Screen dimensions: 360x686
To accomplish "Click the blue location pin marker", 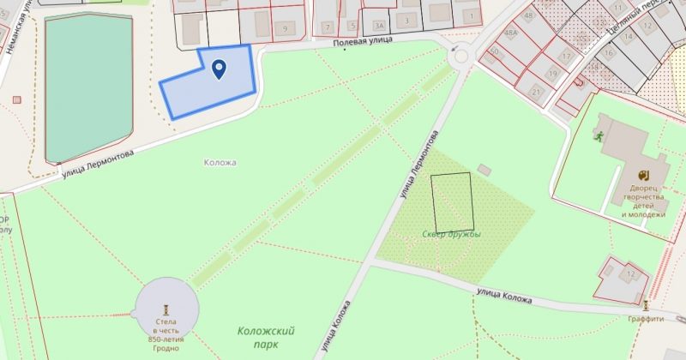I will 219,69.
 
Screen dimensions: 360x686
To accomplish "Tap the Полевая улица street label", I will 363,41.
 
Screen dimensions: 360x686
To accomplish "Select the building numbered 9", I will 284,29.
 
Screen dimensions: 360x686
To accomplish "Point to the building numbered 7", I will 327,27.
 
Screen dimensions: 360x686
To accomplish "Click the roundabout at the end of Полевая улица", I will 461,57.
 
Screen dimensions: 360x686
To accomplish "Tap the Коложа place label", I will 220,162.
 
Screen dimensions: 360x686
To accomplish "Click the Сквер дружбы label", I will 451,234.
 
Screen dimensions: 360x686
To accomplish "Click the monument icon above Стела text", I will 167,309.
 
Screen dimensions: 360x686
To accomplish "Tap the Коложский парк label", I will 267,337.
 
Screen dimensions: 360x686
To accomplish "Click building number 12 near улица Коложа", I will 630,274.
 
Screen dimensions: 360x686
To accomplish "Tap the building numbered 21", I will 536,90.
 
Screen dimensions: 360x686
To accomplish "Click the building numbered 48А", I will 511,34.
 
